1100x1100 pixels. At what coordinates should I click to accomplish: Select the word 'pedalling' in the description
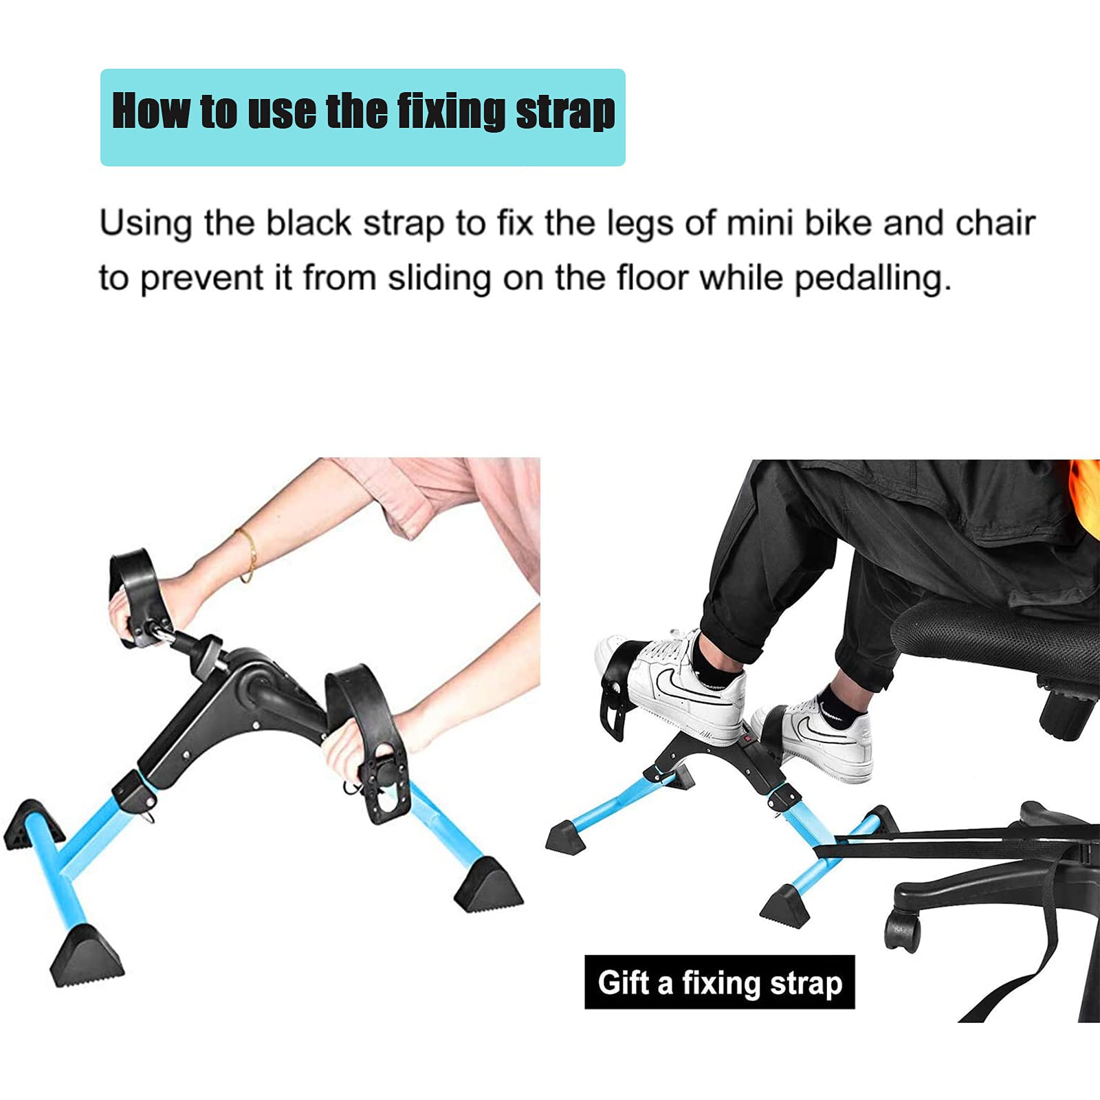(872, 278)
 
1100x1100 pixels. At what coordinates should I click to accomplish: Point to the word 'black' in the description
(309, 223)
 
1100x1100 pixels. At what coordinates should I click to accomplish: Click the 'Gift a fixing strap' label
(719, 982)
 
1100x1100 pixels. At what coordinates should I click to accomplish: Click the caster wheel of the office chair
(901, 930)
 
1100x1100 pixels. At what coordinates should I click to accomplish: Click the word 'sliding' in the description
(439, 278)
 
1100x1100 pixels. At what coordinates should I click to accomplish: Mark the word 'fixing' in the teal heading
(451, 112)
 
